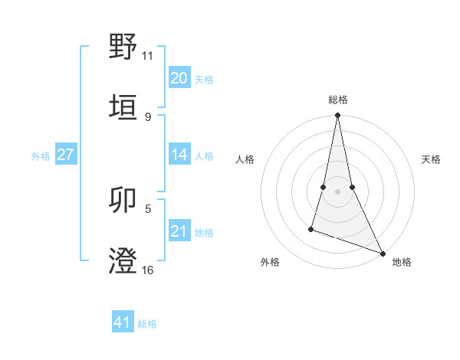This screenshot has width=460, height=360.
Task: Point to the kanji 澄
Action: (x=123, y=260)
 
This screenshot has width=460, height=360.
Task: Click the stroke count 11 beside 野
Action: (x=148, y=56)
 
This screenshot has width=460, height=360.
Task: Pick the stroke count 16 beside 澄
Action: (x=148, y=270)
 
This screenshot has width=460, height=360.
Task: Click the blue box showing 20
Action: (x=179, y=78)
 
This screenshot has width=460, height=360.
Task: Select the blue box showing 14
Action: (x=179, y=155)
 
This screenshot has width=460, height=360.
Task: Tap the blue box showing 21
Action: (x=179, y=231)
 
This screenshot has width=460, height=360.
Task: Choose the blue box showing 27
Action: (x=65, y=155)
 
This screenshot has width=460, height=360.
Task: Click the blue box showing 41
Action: (x=122, y=322)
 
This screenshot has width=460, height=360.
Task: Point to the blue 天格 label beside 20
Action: (x=204, y=80)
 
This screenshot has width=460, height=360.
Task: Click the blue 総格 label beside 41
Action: (x=147, y=324)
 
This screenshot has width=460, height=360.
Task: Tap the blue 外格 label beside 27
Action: (x=41, y=156)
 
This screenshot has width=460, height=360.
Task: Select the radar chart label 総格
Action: (x=337, y=100)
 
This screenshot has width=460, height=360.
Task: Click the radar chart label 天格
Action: (x=431, y=159)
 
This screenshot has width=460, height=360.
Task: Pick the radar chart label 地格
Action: (x=402, y=262)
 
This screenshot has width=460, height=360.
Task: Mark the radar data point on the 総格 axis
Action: (x=337, y=116)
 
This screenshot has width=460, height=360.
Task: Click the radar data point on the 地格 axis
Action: (x=382, y=253)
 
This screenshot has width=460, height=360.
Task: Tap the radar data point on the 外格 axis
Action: (x=311, y=228)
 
